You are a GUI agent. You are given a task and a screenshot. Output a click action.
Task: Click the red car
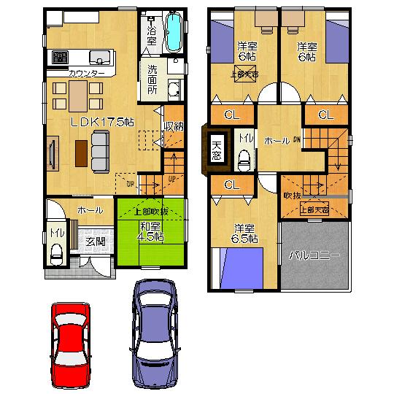(x=73, y=344)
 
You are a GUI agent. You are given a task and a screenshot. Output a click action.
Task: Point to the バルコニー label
(x=314, y=256)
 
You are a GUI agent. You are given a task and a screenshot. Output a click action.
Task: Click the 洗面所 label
(x=152, y=80)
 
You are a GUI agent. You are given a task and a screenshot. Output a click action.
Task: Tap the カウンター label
(x=87, y=73)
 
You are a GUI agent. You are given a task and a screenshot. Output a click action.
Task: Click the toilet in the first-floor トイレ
(x=57, y=253)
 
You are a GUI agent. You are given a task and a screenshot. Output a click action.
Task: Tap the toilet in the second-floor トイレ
(x=245, y=158)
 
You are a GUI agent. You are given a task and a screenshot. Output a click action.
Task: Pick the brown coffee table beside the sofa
(x=80, y=151)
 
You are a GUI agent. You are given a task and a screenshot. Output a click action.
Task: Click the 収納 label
(x=173, y=125)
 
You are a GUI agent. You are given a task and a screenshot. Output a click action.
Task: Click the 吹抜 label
(x=291, y=195)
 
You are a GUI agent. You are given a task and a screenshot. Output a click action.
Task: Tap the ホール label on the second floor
(x=277, y=140)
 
